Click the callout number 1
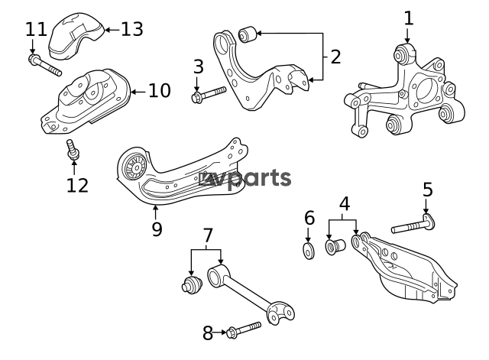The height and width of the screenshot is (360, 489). (408, 18)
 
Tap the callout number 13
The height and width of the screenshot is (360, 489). (132, 29)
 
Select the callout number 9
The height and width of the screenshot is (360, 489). (157, 229)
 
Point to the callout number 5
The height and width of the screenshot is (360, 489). (428, 190)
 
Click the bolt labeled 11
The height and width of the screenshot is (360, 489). (44, 65)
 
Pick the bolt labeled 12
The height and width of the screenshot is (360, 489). (73, 150)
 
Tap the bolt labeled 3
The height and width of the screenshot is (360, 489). (209, 95)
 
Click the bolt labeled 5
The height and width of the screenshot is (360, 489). (413, 225)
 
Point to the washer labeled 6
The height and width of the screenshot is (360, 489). (309, 251)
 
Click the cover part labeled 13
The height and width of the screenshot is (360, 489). (76, 36)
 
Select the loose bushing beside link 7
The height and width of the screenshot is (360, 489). (192, 284)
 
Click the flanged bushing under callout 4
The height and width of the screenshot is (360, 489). (335, 247)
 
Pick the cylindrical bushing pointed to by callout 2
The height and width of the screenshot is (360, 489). (248, 34)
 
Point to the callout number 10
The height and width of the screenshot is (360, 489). (160, 91)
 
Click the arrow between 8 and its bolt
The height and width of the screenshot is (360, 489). (220, 332)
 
